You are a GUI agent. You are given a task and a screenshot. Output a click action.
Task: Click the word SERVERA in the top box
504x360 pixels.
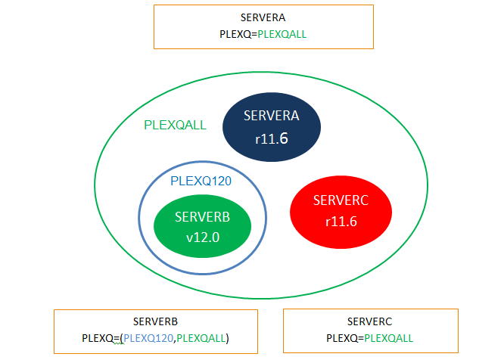(263, 17)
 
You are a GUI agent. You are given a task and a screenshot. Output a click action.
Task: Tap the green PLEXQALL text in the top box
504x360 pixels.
(282, 34)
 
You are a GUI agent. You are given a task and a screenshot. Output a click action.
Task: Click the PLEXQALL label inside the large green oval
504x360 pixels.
(175, 125)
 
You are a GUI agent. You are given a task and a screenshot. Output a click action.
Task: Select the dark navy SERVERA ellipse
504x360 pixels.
(272, 127)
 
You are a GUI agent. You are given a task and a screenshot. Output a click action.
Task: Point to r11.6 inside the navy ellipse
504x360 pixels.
(272, 138)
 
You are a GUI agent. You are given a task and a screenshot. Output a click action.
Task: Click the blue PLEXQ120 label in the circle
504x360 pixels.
(201, 181)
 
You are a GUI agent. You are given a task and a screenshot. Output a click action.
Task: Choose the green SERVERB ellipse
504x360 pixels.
(203, 226)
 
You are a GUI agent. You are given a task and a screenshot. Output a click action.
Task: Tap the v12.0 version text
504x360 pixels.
(203, 237)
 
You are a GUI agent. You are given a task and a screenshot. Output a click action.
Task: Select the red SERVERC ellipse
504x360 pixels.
(341, 212)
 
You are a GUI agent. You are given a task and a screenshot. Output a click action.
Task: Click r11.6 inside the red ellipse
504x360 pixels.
(341, 222)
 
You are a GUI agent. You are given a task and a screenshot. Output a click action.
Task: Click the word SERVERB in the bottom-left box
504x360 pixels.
(155, 321)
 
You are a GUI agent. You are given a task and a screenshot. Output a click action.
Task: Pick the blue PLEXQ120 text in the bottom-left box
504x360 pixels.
(148, 338)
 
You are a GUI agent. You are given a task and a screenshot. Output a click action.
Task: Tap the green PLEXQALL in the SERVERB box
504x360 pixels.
(201, 338)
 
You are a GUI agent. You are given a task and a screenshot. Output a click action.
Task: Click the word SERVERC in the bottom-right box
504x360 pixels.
(369, 321)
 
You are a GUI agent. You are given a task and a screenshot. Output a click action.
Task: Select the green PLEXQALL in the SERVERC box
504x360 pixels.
(389, 338)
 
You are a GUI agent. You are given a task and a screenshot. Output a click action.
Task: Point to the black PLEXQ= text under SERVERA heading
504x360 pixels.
(238, 34)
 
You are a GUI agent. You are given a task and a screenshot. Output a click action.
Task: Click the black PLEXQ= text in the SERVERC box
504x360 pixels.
(345, 338)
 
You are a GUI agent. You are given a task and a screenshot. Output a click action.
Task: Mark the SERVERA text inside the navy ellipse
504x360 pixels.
(271, 116)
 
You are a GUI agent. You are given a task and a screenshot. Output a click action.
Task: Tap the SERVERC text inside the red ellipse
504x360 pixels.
(341, 200)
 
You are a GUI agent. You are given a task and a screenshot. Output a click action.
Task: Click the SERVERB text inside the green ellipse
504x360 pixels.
(203, 217)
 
